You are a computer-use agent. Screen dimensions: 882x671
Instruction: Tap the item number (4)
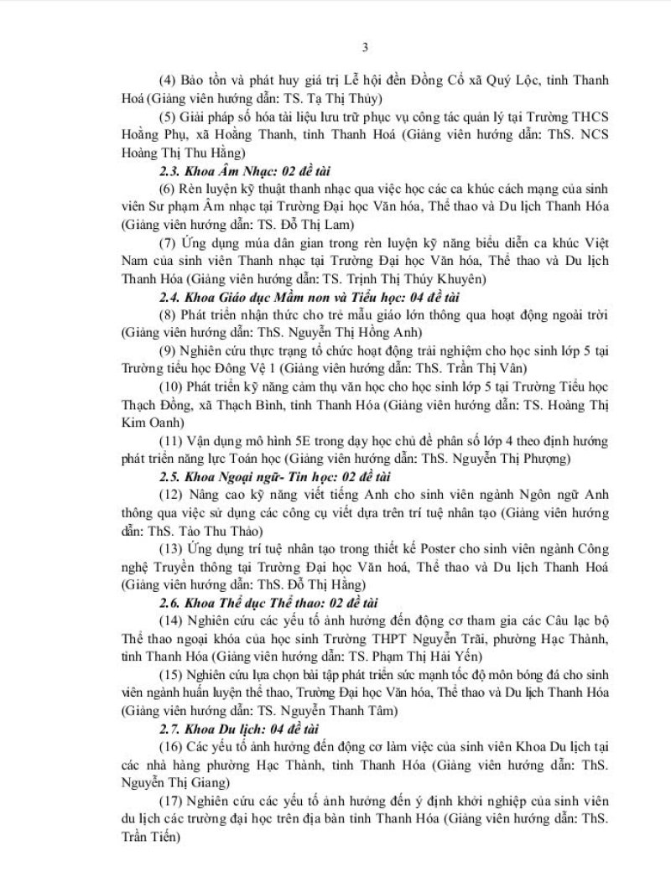tap(166, 80)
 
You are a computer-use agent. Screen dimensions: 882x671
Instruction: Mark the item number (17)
tap(169, 795)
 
